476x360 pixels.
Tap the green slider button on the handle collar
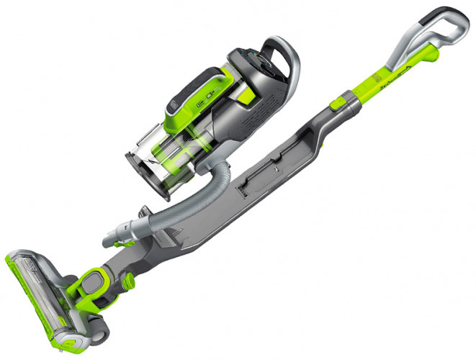point(336,105)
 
